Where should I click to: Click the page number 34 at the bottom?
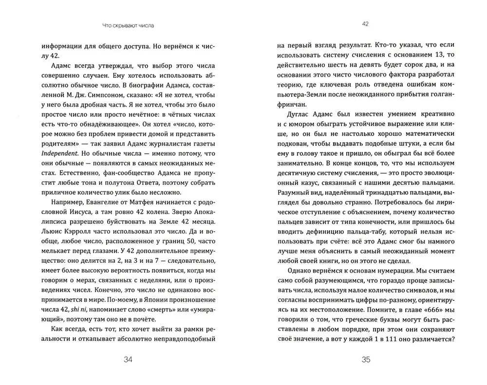tap(128, 360)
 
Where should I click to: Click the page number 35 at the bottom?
tap(366, 360)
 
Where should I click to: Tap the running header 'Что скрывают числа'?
tap(129, 25)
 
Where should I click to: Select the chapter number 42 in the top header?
tap(366, 23)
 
